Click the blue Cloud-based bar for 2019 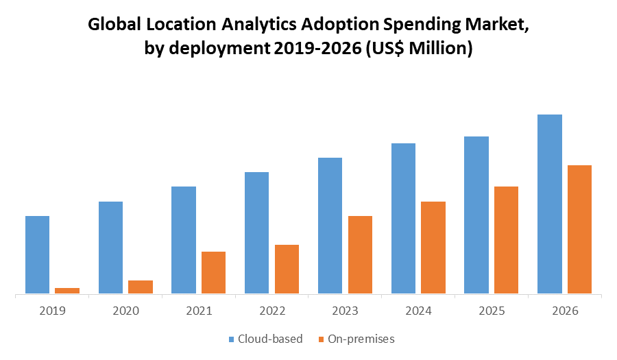(37, 255)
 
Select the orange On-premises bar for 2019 (67, 291)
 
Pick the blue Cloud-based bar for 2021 (184, 240)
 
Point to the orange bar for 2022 (287, 269)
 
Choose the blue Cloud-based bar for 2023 (330, 226)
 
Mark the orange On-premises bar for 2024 (433, 248)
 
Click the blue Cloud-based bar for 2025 (476, 215)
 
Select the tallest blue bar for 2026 (550, 204)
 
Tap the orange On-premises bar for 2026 (579, 230)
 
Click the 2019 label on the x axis (52, 311)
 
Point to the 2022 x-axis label (272, 311)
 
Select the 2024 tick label (418, 311)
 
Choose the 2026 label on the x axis (565, 311)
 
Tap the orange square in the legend (322, 339)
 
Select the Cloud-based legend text (270, 339)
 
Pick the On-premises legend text (361, 339)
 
